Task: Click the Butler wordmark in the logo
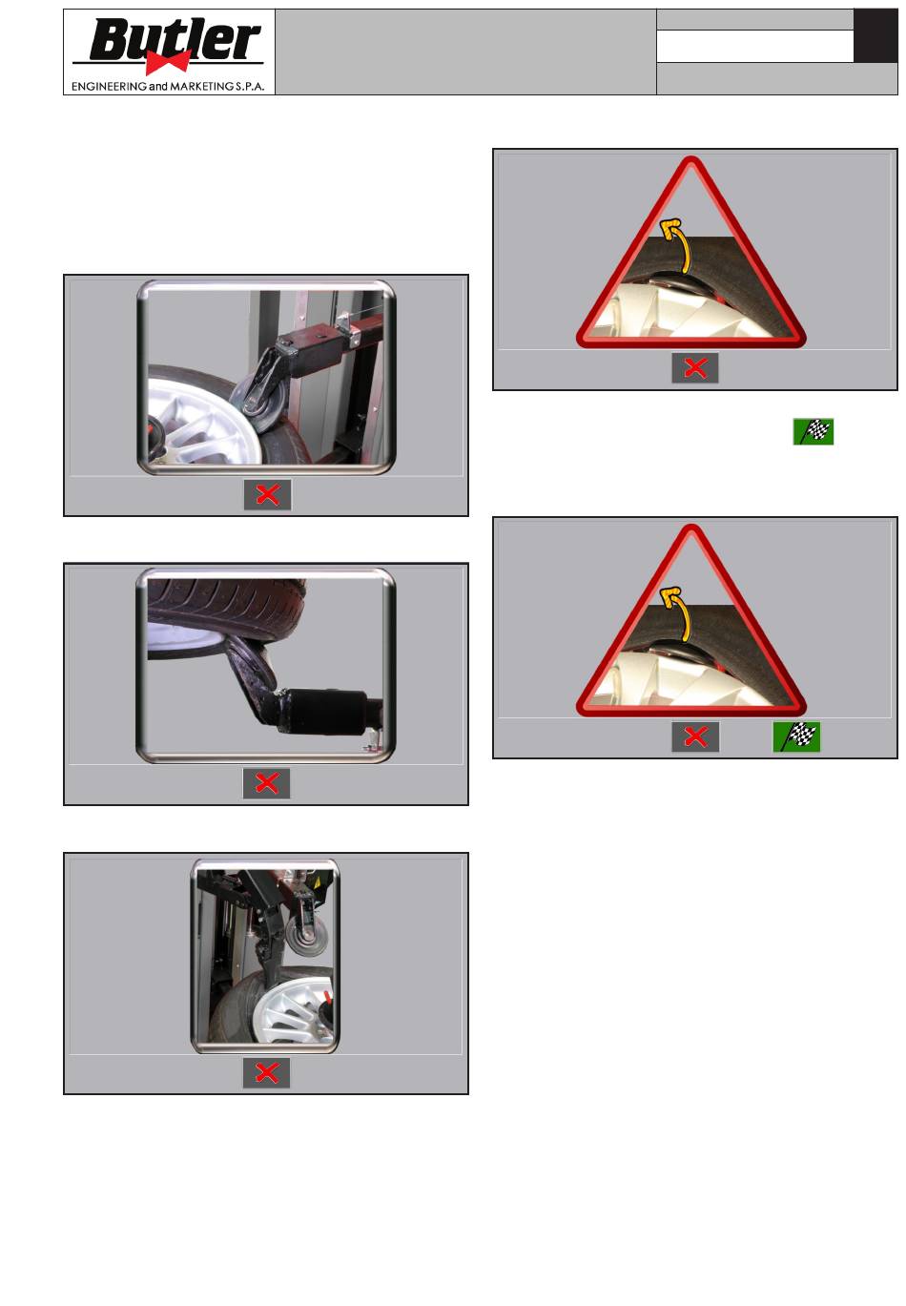(174, 40)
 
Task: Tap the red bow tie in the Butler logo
(168, 62)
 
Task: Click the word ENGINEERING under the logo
(109, 86)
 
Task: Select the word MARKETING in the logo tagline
(202, 86)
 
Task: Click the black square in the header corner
(875, 35)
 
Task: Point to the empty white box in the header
(754, 46)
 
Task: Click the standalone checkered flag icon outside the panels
(813, 431)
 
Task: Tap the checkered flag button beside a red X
(795, 736)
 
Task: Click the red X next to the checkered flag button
(695, 736)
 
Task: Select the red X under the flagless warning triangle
(695, 368)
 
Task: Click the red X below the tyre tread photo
(266, 783)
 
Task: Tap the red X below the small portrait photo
(266, 1072)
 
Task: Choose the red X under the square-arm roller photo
(268, 495)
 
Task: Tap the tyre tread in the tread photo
(226, 603)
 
